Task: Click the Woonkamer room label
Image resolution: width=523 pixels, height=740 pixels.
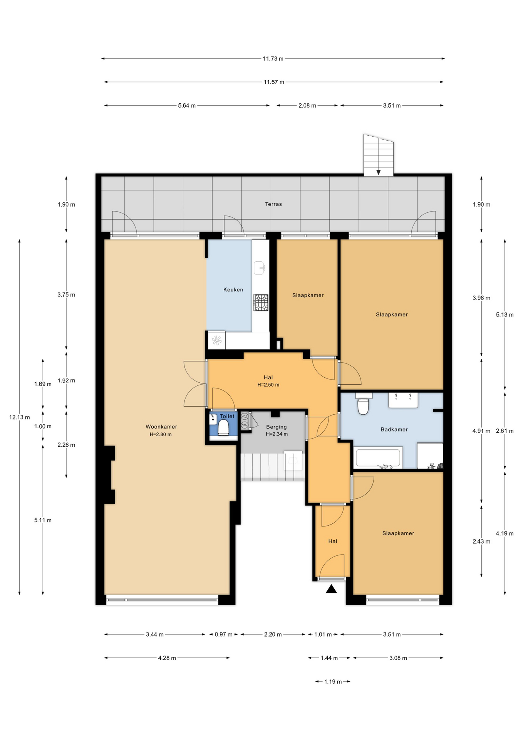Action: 161,427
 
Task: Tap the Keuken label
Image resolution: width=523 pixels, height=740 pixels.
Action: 233,289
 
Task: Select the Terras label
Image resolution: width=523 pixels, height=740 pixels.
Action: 273,204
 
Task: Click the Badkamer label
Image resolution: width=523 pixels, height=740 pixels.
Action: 394,429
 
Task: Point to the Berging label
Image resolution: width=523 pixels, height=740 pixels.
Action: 277,427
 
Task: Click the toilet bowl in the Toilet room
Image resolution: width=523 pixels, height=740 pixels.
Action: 223,427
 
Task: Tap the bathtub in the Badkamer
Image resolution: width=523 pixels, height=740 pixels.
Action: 379,458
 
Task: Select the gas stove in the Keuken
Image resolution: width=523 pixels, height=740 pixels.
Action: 261,303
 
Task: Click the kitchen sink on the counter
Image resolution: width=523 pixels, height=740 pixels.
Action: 260,268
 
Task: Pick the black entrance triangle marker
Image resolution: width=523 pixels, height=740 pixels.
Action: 331,589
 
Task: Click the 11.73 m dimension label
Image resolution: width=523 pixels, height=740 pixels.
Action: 273,59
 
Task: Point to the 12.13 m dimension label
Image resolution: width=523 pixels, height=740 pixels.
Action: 19,417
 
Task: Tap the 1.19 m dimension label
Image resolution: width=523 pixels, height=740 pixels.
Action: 333,681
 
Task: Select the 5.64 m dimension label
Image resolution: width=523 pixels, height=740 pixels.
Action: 187,105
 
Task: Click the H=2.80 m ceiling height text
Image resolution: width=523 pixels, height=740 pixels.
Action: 161,434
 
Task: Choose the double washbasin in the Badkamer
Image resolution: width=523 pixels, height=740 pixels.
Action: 403,400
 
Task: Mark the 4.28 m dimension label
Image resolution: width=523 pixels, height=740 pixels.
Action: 167,658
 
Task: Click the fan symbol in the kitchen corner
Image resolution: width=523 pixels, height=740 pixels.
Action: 217,340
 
